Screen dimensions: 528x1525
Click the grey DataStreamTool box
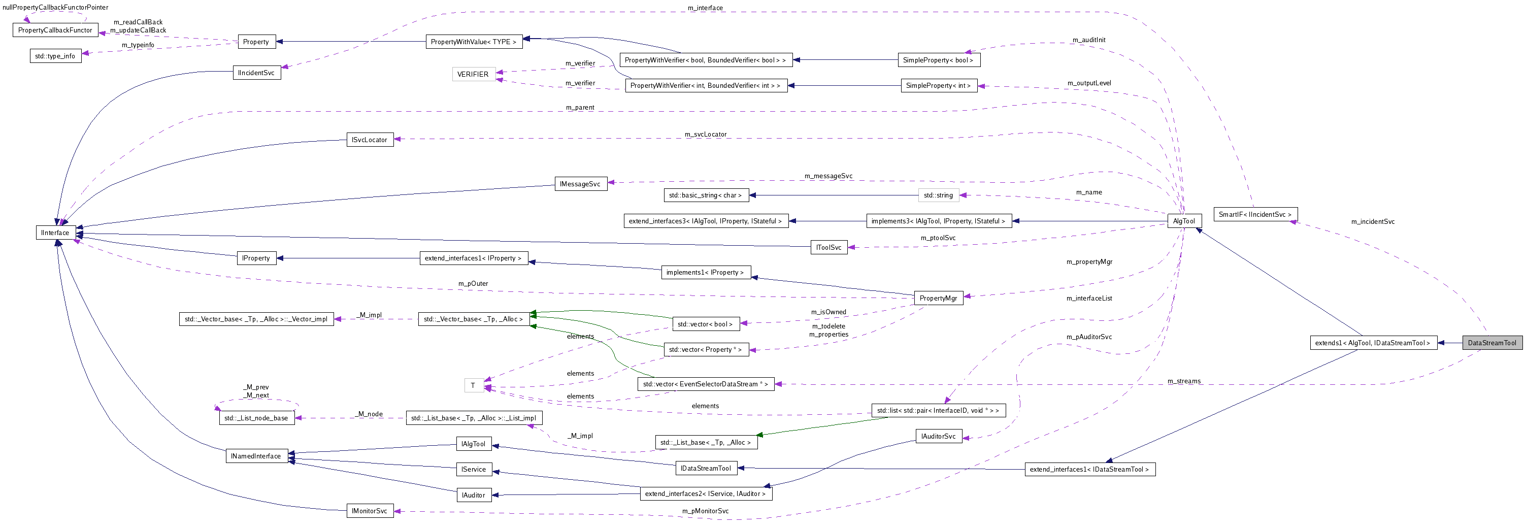pos(1491,343)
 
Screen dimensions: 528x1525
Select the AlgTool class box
pos(1183,221)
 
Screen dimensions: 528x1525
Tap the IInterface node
pos(55,233)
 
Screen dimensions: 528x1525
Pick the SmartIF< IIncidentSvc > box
pos(1254,214)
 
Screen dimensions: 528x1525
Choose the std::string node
pos(938,195)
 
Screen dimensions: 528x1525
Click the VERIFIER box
pos(473,75)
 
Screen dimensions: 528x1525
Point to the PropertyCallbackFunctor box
pos(55,30)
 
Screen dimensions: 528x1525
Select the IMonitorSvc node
pos(370,511)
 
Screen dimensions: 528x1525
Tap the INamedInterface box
pos(256,456)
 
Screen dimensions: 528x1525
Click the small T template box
pos(473,386)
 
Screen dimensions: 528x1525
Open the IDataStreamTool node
pos(706,468)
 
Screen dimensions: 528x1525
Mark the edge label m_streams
pos(1183,381)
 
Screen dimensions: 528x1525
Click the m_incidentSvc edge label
pos(1372,222)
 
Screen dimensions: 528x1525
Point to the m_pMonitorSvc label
pos(705,511)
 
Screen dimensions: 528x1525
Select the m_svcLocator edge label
pos(705,135)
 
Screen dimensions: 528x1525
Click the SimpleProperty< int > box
pos(938,86)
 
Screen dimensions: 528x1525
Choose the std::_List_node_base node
pos(256,418)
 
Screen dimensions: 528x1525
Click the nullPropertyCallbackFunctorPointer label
pos(55,8)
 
